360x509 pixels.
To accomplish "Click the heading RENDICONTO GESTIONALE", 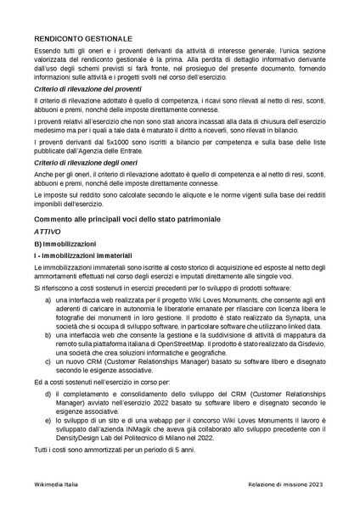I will [x=83, y=39].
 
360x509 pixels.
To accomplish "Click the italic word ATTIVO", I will [x=48, y=231].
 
